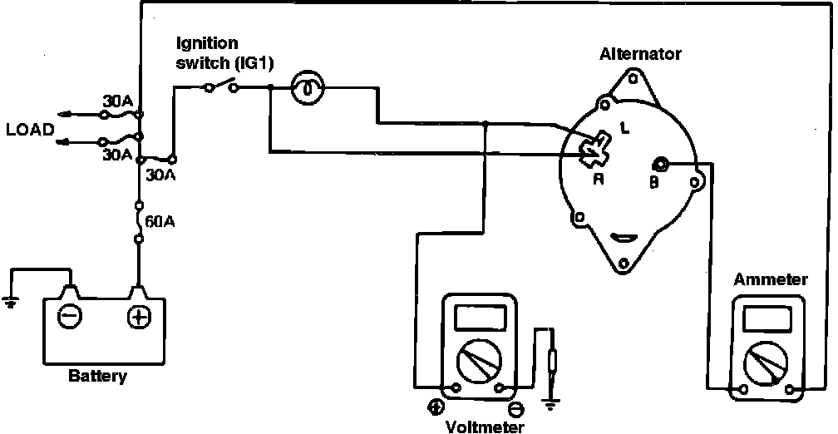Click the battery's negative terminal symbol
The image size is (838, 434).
69,316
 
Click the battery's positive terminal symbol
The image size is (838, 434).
137,316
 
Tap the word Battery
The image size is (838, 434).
98,377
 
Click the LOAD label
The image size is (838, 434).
30,130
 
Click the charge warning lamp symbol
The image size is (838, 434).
307,87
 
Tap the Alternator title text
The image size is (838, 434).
640,54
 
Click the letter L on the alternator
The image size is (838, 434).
624,127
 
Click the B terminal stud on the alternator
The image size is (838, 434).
663,165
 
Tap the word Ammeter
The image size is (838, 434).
770,279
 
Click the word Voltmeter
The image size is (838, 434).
485,427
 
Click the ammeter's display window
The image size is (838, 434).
769,318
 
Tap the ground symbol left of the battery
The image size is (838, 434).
10,301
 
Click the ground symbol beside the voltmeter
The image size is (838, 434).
550,405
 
